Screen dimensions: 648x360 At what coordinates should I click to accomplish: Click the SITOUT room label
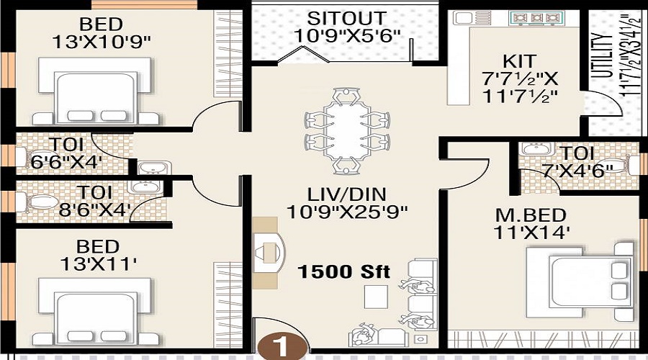346,19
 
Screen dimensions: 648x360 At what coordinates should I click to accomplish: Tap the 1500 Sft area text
344,272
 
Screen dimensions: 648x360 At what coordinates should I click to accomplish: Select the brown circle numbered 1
283,346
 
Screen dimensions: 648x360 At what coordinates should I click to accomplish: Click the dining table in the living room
347,130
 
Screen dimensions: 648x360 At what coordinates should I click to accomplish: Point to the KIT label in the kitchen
519,61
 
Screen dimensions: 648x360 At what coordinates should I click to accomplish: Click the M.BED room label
531,215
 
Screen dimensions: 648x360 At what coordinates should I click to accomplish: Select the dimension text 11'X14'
531,233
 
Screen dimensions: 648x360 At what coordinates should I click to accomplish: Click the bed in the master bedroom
580,282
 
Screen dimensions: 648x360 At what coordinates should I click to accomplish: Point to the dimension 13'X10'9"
102,42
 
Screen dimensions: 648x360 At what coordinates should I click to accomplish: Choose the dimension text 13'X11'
99,264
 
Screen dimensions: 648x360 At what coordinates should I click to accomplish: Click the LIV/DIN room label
347,194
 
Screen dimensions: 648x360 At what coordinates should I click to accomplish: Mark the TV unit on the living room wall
269,253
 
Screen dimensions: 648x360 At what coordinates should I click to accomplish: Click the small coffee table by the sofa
376,297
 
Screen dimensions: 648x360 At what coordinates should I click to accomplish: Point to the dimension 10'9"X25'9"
347,212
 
